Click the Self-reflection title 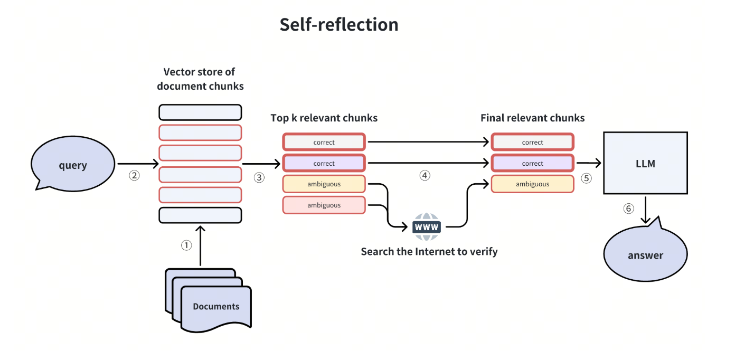(339, 24)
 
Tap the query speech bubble (73, 165)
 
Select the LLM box (645, 163)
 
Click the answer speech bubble (645, 255)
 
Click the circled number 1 (186, 245)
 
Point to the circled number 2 (134, 176)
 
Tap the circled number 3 (259, 177)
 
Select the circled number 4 (425, 176)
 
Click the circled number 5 (587, 178)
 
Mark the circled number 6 (628, 209)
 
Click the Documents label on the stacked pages (216, 306)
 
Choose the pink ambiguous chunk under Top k (324, 205)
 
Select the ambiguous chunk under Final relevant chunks (532, 184)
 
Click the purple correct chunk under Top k (324, 163)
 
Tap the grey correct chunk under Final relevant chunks (532, 142)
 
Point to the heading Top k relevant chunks (324, 118)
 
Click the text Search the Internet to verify (429, 251)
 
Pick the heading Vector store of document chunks (200, 79)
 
